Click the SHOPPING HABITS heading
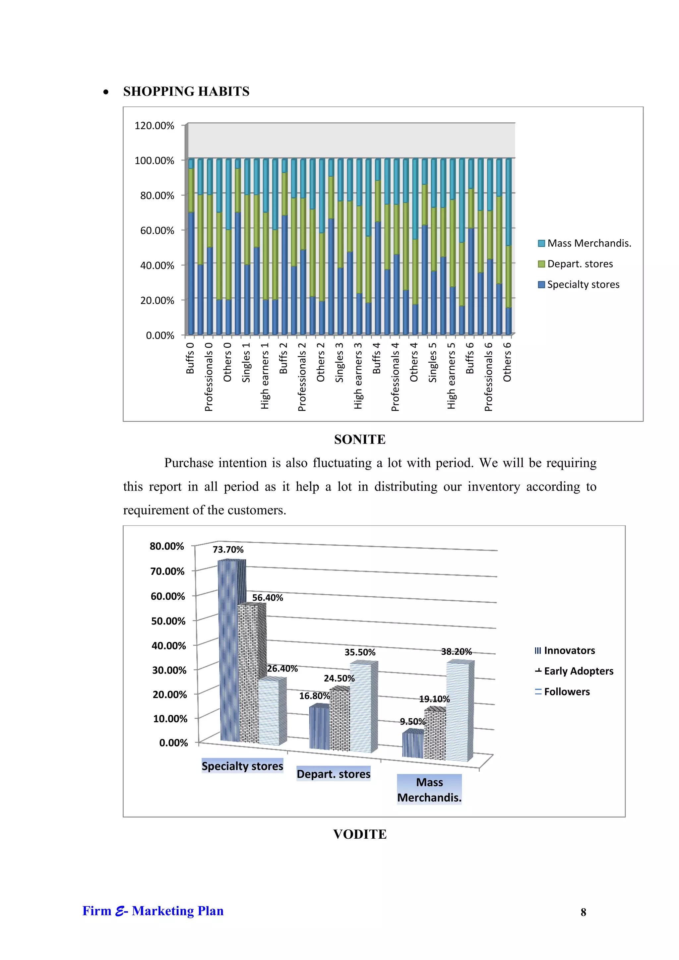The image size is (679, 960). [186, 91]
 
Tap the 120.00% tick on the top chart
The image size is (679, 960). [154, 126]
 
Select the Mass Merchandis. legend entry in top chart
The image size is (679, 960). [585, 243]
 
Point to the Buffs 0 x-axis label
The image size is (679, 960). [190, 358]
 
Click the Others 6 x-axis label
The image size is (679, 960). [507, 362]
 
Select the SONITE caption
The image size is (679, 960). [360, 440]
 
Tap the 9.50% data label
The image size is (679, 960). [412, 722]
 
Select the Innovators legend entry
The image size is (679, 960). [565, 651]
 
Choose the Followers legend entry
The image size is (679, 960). [562, 691]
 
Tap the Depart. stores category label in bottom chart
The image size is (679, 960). [333, 774]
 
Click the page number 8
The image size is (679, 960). [583, 912]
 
